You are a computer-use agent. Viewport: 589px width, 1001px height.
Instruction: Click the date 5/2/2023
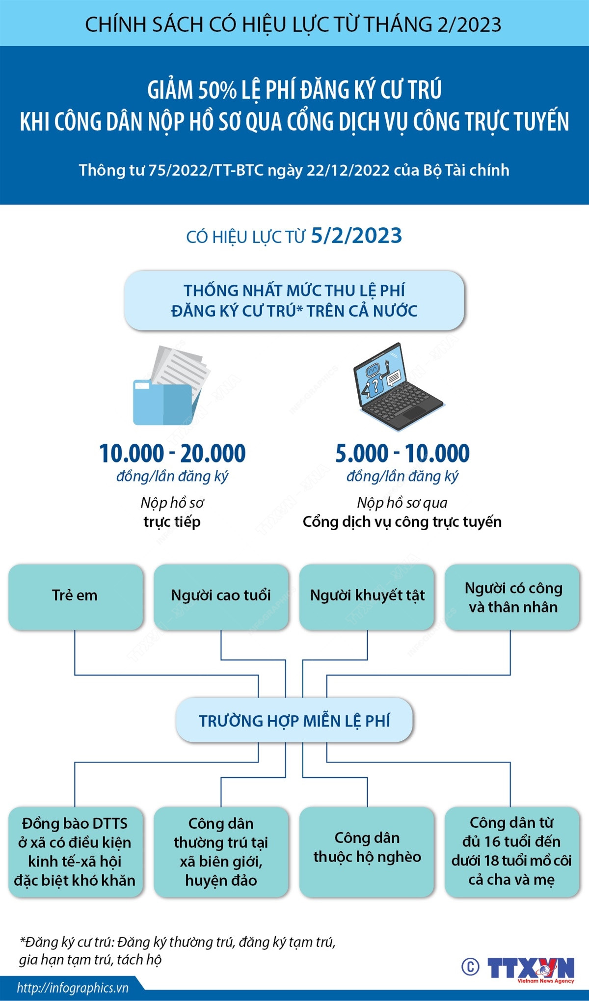click(356, 236)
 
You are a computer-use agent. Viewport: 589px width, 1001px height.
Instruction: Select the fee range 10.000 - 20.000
click(172, 453)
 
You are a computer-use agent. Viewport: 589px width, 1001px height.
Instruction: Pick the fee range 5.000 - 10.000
click(402, 453)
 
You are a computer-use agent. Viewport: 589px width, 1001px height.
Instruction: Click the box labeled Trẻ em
click(75, 596)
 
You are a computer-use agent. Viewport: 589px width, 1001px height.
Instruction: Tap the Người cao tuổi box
click(221, 596)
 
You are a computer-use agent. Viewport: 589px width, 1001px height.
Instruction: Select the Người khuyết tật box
click(367, 596)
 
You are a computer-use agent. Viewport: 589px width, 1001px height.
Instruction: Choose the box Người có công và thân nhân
click(512, 597)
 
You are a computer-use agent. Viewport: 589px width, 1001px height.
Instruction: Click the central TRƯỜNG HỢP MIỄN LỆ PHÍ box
click(294, 720)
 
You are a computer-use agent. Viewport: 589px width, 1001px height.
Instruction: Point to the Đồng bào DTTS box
click(75, 852)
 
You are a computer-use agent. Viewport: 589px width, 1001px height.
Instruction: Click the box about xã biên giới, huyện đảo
click(221, 852)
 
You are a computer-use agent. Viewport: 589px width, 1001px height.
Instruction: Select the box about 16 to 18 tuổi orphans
click(511, 851)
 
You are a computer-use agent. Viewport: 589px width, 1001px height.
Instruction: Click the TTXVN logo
click(531, 969)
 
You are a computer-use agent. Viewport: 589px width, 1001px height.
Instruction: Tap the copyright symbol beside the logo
click(470, 967)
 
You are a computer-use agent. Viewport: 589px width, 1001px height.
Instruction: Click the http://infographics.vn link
click(73, 988)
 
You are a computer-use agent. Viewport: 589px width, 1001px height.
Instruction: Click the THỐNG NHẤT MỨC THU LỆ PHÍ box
click(294, 300)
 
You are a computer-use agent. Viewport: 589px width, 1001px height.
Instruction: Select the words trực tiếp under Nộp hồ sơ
click(172, 522)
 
